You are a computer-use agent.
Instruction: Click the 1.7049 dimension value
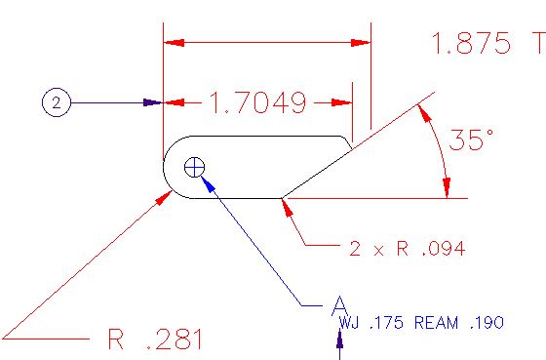point(258,102)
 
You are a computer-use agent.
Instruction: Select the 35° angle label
point(471,140)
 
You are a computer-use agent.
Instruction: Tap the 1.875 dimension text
point(472,43)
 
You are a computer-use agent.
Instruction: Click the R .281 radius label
point(155,339)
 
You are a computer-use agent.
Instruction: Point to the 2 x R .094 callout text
point(408,249)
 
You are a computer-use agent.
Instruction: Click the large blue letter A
point(339,306)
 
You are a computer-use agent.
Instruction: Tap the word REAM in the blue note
point(437,323)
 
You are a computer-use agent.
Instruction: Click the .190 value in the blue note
point(487,323)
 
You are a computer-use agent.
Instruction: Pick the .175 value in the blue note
point(386,323)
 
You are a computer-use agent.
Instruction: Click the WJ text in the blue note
point(349,323)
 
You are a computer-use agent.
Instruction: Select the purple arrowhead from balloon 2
point(152,102)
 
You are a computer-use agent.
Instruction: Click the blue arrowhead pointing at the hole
point(208,183)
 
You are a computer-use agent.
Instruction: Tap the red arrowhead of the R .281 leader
point(164,198)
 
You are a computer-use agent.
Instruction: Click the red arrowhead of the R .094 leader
point(287,208)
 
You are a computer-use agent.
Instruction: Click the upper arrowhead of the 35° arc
point(424,113)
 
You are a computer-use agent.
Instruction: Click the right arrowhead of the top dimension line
point(361,43)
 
